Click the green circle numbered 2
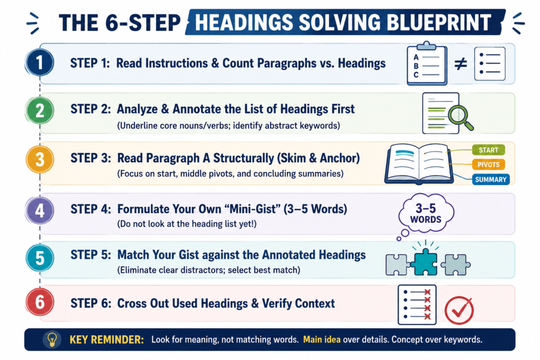coord(40,111)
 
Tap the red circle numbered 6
coord(40,302)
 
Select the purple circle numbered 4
coord(40,210)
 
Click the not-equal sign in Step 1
coord(460,64)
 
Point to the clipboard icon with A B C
coord(427,64)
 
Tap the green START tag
coord(488,150)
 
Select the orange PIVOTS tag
coord(488,164)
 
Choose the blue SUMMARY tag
coord(490,179)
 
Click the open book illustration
coord(418,163)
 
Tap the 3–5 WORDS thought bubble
coord(426,213)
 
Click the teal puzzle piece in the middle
coord(426,261)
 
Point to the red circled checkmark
coord(459,310)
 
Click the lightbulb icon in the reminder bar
coord(52,339)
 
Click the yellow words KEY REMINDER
coord(107,339)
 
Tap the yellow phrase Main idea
coord(322,339)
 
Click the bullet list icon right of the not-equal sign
coord(490,64)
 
